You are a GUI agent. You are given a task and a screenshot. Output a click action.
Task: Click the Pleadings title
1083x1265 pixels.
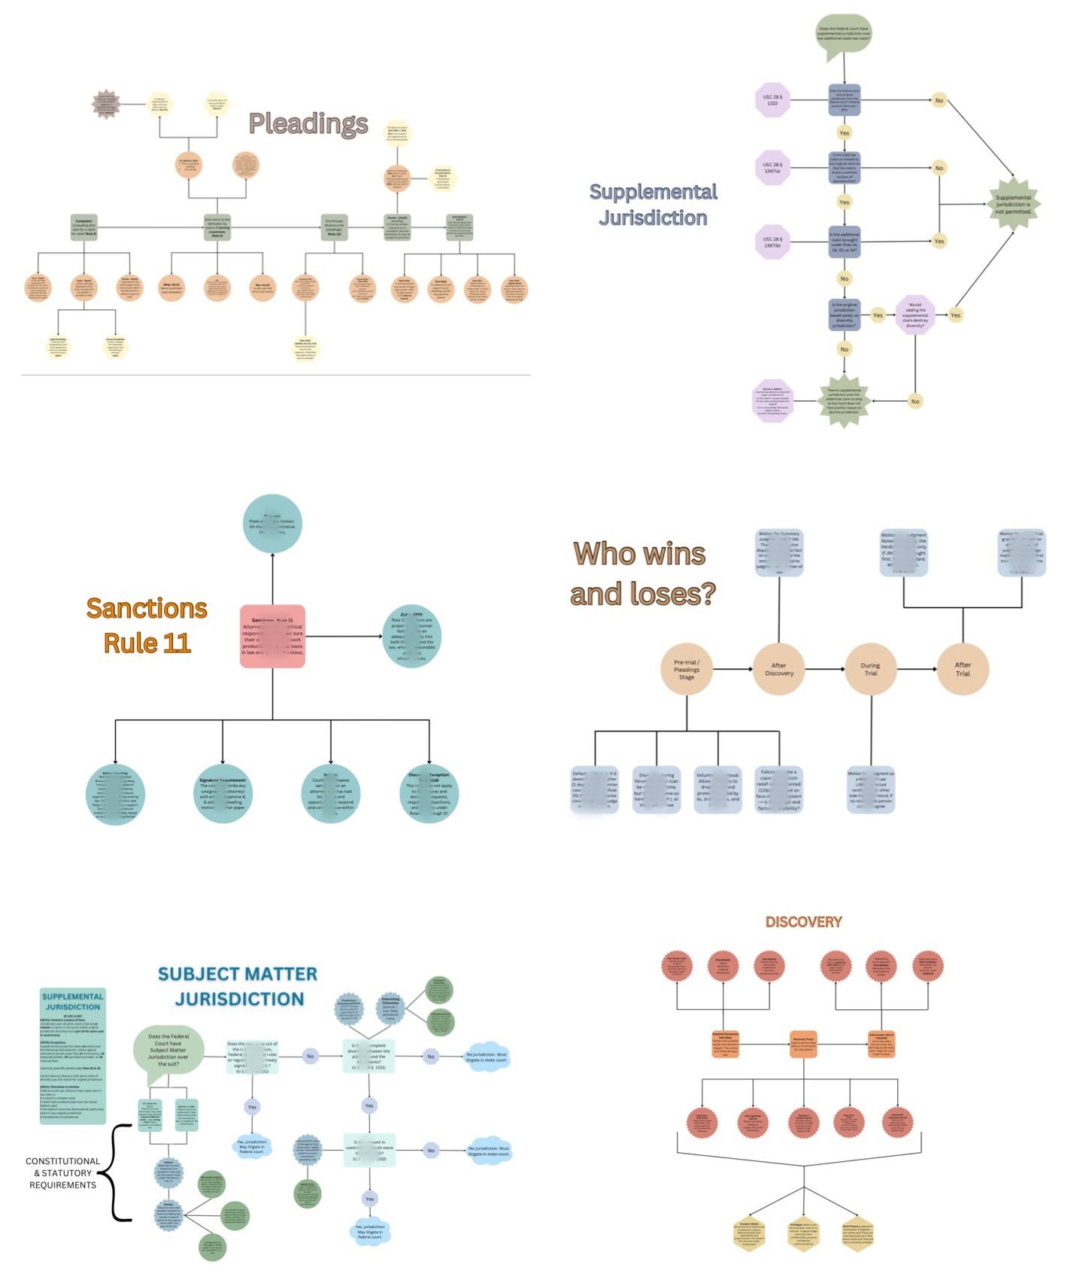[308, 123]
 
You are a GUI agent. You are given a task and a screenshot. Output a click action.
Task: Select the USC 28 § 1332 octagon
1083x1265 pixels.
[772, 99]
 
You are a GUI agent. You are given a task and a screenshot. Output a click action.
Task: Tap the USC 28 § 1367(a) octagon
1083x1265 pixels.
[772, 168]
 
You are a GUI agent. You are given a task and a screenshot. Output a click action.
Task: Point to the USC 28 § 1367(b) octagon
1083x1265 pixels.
[772, 242]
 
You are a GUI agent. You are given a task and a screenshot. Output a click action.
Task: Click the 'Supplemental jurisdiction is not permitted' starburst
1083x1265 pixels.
[1013, 204]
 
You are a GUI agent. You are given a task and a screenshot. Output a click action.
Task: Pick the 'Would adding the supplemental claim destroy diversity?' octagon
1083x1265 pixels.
[915, 315]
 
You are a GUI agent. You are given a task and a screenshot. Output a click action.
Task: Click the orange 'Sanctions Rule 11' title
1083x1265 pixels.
[147, 625]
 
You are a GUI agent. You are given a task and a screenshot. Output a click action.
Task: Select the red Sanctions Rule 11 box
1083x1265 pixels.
[272, 636]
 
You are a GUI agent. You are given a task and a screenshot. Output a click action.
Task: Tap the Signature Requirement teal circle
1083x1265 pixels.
[223, 793]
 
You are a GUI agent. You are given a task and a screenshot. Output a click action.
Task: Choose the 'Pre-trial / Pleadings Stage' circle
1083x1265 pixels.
[687, 669]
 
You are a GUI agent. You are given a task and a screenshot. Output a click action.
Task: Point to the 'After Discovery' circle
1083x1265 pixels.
[778, 669]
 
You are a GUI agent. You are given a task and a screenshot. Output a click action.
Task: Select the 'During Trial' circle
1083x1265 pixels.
[870, 669]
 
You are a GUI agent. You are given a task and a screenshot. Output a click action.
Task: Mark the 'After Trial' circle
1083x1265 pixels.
[963, 669]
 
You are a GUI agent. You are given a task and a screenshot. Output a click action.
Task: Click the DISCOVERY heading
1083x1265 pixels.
[803, 922]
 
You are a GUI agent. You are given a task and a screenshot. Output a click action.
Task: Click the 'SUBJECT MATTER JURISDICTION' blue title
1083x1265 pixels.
[238, 986]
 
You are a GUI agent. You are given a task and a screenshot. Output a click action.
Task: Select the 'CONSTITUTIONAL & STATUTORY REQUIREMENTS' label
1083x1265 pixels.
[62, 1172]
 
